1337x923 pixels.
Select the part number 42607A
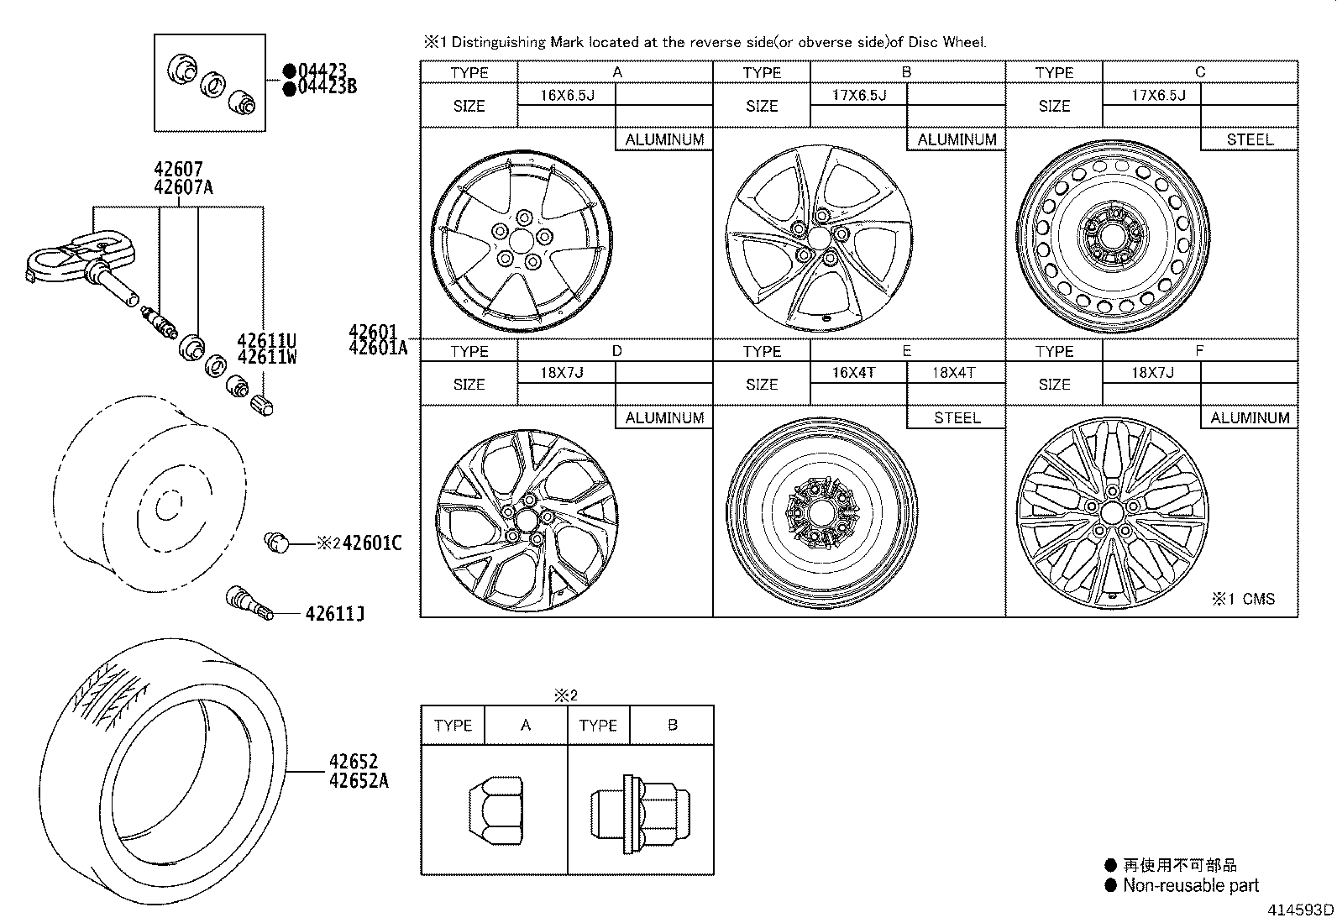[183, 187]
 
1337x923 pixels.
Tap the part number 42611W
[267, 357]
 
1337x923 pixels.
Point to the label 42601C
[371, 543]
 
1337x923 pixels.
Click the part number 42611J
[334, 614]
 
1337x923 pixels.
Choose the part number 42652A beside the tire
[359, 780]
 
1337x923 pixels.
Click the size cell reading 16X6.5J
[567, 95]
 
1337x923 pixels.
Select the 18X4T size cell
[955, 372]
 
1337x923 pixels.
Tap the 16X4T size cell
[857, 372]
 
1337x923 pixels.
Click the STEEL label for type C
[1249, 139]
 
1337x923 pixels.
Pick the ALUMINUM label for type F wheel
[1249, 417]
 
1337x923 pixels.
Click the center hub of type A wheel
[521, 242]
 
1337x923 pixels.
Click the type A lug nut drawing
[495, 810]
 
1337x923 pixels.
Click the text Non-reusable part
[1190, 885]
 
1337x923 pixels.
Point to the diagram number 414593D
[1300, 910]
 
